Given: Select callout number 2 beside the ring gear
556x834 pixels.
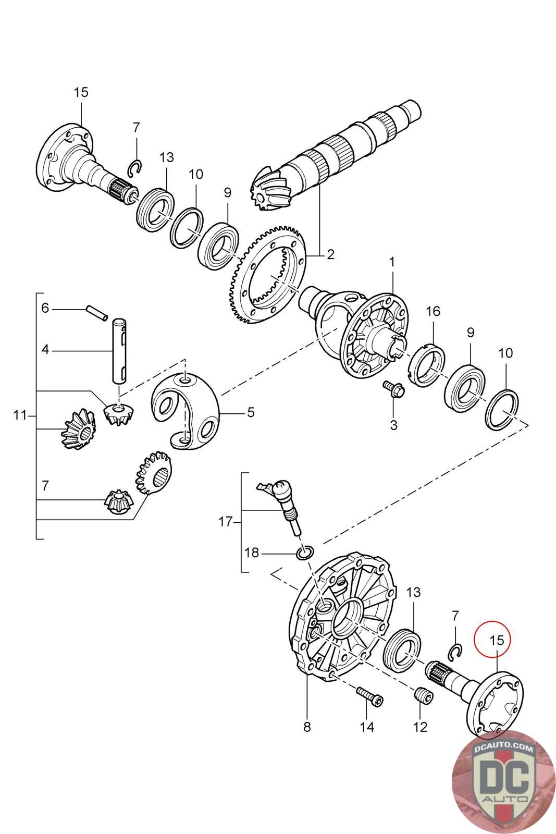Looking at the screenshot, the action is pos(330,254).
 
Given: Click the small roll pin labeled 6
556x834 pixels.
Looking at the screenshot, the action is pos(97,313).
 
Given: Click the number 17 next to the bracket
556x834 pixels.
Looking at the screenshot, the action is pos(226,522).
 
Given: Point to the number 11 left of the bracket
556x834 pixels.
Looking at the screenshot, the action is pos(20,415).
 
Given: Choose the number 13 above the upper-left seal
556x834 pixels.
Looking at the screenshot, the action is pos(167,157).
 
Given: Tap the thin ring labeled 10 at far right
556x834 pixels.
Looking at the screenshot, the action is pos(502,409).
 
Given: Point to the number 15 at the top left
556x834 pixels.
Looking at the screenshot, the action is pos(81,92).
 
